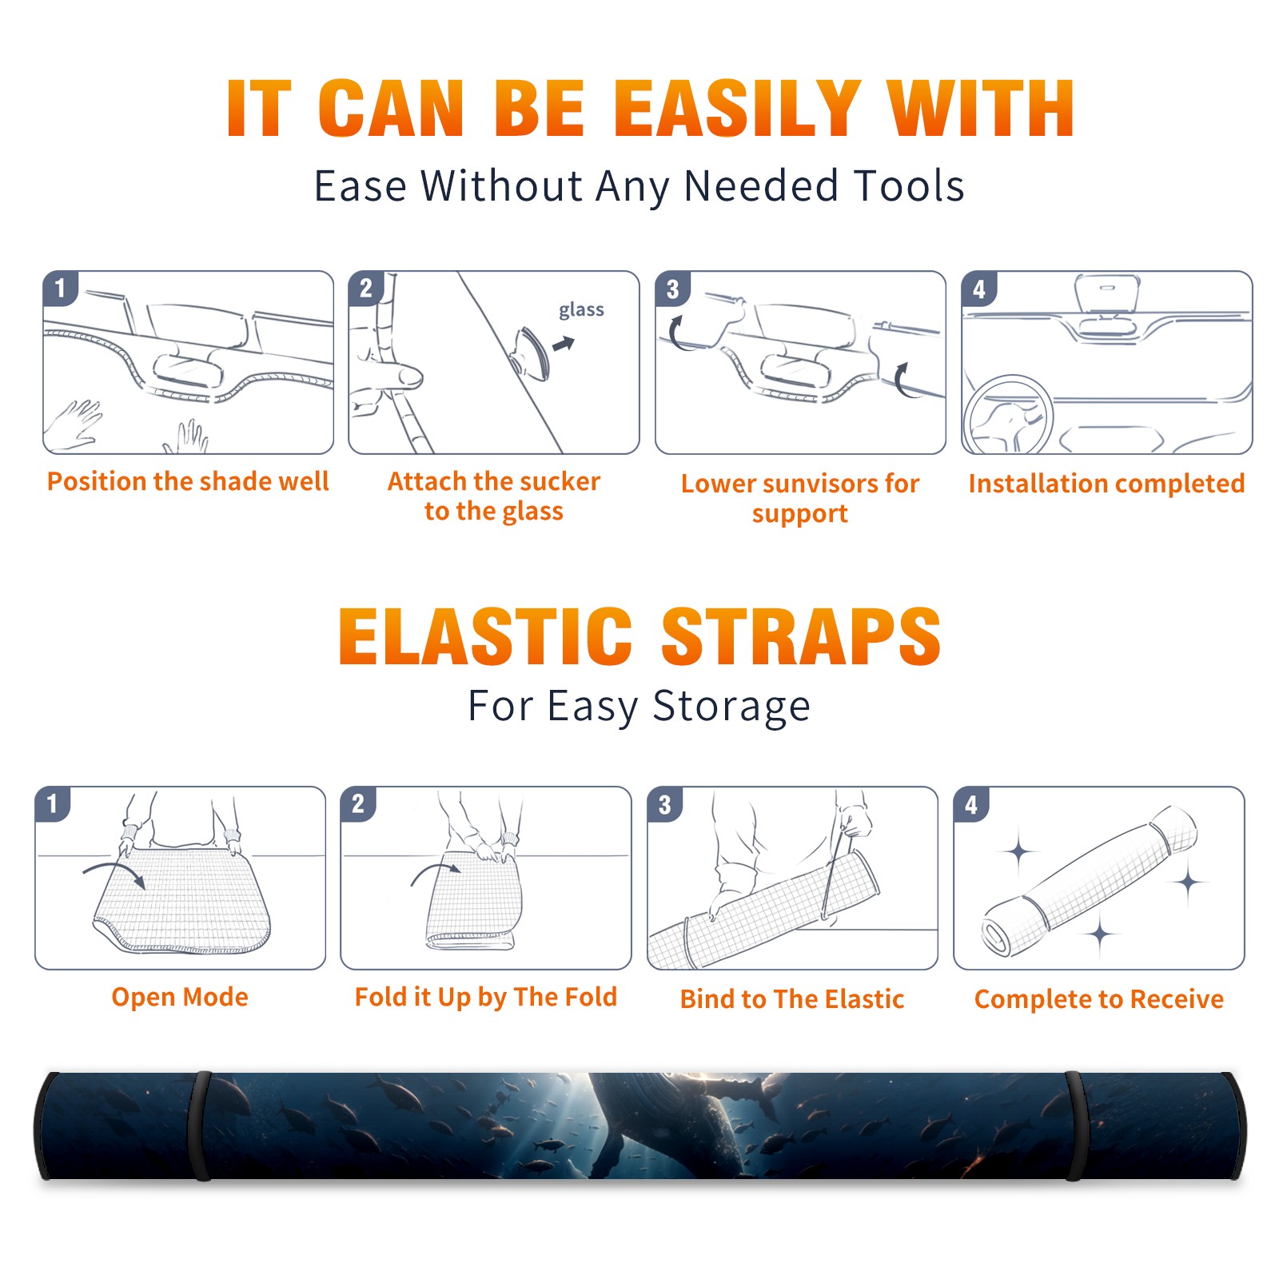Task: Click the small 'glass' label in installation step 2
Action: point(581,310)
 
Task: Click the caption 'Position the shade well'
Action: point(188,481)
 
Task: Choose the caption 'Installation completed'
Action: point(1106,484)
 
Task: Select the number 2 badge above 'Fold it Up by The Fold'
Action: point(358,804)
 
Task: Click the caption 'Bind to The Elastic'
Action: point(791,999)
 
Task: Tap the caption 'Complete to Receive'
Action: point(1099,999)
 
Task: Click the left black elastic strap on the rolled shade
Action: point(199,1126)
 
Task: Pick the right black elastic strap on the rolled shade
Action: point(1075,1126)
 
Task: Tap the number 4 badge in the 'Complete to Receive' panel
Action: point(971,804)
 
